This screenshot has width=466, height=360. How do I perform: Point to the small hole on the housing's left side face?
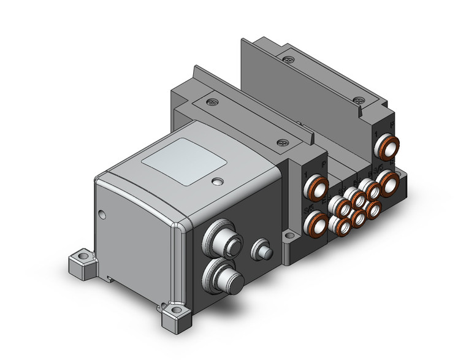(x=102, y=214)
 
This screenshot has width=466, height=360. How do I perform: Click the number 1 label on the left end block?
(x=305, y=176)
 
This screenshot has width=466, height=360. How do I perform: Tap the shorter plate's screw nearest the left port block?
(x=283, y=142)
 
